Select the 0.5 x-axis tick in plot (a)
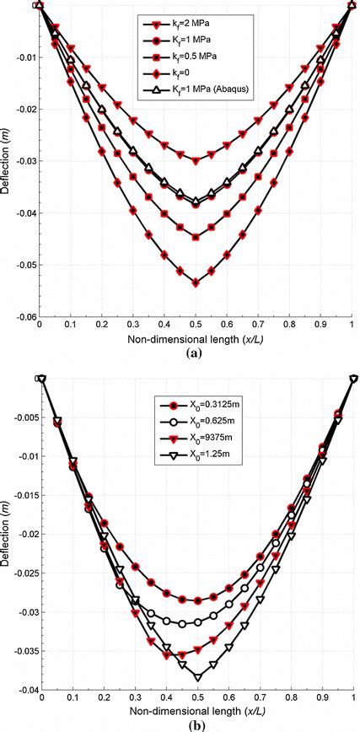(196, 326)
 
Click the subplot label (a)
(196, 355)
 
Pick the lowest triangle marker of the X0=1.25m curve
(197, 677)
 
